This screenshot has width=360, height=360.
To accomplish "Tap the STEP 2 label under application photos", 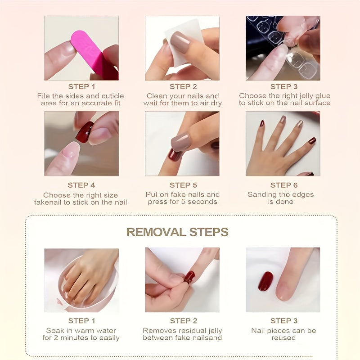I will pyautogui.click(x=183, y=86).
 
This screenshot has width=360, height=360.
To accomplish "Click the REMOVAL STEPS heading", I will pyautogui.click(x=177, y=232).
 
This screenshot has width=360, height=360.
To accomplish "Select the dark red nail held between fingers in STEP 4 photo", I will pyautogui.click(x=84, y=132).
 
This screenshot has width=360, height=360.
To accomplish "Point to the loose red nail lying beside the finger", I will pyautogui.click(x=265, y=281).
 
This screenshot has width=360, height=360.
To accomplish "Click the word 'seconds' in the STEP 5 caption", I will pyautogui.click(x=201, y=202).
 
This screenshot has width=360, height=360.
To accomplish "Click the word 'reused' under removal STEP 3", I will pyautogui.click(x=283, y=337).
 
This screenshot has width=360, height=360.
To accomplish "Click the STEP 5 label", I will pyautogui.click(x=183, y=185).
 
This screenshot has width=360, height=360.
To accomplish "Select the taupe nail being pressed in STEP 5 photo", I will pyautogui.click(x=181, y=142).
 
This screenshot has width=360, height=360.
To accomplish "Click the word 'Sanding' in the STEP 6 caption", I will pyautogui.click(x=263, y=194).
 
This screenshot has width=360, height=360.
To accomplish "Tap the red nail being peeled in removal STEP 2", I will pyautogui.click(x=189, y=276).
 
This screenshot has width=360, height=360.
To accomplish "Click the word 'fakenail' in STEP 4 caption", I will pyautogui.click(x=50, y=202).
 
